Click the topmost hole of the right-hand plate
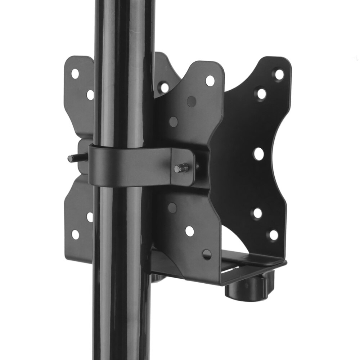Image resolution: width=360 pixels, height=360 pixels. pos(279,75)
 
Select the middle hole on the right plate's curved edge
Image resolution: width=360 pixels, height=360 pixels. pos(258,154)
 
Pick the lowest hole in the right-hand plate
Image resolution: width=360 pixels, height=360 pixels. pos(274,235)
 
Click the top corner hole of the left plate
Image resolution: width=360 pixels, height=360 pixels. pos(75,74)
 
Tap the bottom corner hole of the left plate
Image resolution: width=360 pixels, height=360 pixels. pos(75,234)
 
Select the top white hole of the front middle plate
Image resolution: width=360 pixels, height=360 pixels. pos(210,80)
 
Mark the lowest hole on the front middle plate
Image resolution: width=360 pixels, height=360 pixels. pos(207,255)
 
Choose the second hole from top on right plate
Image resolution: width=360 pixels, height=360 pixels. pos(261,94)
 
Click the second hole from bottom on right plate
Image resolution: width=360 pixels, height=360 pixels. pos(257,213)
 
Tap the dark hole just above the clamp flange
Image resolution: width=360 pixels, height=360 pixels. pos(174,122)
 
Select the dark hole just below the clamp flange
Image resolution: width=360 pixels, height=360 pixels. pos(172,208)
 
